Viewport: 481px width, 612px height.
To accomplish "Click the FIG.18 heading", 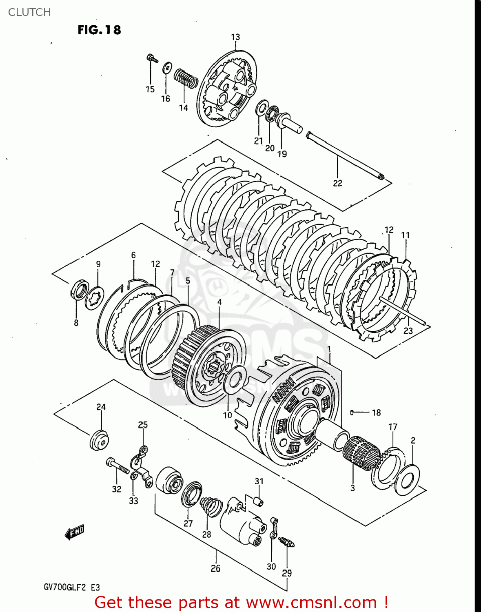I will tap(99, 30).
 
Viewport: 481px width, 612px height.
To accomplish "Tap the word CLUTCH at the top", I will tap(29, 12).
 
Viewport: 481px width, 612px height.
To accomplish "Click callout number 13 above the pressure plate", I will tap(235, 37).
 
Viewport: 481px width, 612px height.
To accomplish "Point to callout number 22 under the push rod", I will tap(337, 183).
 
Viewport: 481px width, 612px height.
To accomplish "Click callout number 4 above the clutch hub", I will tap(219, 302).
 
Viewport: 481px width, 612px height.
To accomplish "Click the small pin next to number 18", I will tap(352, 412).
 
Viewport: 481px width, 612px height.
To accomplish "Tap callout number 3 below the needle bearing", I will tap(352, 488).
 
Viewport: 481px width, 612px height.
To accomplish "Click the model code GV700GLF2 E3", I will tap(72, 588).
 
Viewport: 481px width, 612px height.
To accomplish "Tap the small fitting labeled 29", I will tap(287, 542).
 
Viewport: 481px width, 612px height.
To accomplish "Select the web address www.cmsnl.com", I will tap(311, 603).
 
